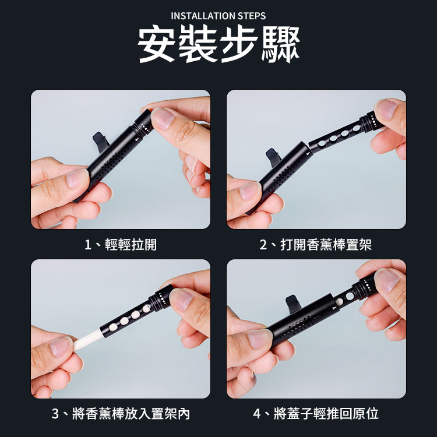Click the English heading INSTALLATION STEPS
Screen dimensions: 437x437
pyautogui.click(x=218, y=16)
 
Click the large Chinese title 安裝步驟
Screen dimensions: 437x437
pyautogui.click(x=218, y=44)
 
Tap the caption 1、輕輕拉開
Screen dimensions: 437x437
pyautogui.click(x=121, y=245)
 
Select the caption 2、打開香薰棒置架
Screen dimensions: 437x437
pyautogui.click(x=315, y=245)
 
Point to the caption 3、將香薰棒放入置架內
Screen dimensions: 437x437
pyautogui.click(x=121, y=414)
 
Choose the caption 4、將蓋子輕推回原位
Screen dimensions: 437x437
pyautogui.click(x=316, y=414)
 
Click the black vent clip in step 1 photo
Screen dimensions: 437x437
pyautogui.click(x=101, y=142)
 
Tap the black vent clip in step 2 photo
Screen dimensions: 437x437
pyautogui.click(x=273, y=157)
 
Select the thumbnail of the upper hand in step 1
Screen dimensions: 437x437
pyautogui.click(x=163, y=118)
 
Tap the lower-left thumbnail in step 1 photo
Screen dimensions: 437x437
pyautogui.click(x=77, y=179)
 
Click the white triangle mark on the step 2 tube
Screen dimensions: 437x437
pyautogui.click(x=308, y=153)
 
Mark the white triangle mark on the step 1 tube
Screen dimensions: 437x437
pyautogui.click(x=136, y=139)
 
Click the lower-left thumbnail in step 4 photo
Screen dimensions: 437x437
pyautogui.click(x=259, y=339)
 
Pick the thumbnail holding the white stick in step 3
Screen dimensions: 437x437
pyautogui.click(x=61, y=347)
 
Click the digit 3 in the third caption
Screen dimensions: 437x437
pyautogui.click(x=55, y=414)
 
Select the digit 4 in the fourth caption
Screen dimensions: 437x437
pyautogui.click(x=257, y=414)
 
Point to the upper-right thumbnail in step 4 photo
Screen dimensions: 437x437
pyautogui.click(x=386, y=281)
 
